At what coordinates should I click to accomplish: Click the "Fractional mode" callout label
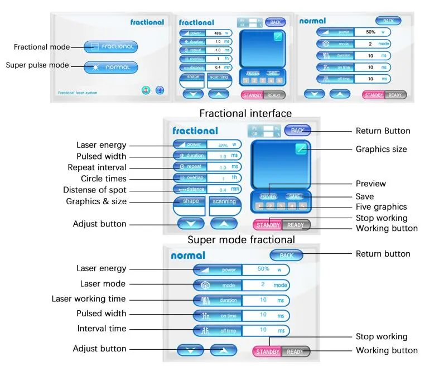[x=41, y=47]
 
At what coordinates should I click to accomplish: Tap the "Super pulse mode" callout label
[x=37, y=65]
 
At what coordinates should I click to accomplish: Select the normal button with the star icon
[x=110, y=67]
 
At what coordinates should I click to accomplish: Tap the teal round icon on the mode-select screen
[x=146, y=90]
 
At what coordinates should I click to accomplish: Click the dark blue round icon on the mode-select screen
[x=160, y=90]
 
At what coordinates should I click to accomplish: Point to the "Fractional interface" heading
[x=245, y=113]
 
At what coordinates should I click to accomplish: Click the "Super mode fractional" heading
[x=241, y=240]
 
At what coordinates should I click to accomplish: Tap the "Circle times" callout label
[x=103, y=179]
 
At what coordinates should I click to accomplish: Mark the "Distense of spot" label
[x=98, y=190]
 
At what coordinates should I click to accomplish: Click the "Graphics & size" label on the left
[x=96, y=201]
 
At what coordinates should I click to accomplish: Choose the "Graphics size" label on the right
[x=382, y=149]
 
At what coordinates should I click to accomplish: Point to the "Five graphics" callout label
[x=381, y=207]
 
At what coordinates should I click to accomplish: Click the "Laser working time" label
[x=89, y=299]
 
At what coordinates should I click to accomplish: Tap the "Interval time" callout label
[x=102, y=329]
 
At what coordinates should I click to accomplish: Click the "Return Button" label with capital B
[x=383, y=131]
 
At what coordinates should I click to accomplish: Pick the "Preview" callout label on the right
[x=370, y=184]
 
